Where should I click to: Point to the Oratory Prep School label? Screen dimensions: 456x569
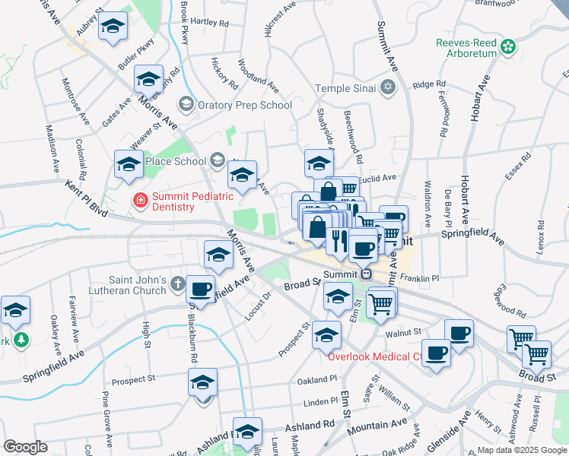pyautogui.click(x=244, y=105)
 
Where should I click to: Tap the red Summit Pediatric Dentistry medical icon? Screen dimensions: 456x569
pyautogui.click(x=141, y=201)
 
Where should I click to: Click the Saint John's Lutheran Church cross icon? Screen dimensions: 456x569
pyautogui.click(x=176, y=284)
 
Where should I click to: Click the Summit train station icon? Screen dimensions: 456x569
pyautogui.click(x=366, y=274)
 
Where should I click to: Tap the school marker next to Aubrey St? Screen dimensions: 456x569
pyautogui.click(x=113, y=29)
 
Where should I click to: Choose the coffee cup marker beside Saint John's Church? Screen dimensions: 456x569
pyautogui.click(x=200, y=290)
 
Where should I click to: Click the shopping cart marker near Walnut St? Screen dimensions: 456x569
pyautogui.click(x=381, y=304)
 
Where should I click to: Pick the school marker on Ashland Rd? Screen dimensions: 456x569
pyautogui.click(x=247, y=432)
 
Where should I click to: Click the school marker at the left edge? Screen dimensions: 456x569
pyautogui.click(x=14, y=310)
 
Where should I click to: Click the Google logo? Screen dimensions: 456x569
pyautogui.click(x=25, y=447)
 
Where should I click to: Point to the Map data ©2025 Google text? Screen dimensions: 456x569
pyautogui.click(x=521, y=450)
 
